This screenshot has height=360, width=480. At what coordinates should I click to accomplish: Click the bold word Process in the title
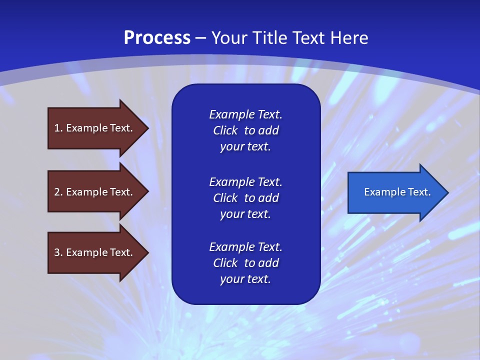click(x=156, y=38)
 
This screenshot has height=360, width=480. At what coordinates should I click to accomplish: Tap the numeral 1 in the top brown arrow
click(x=57, y=128)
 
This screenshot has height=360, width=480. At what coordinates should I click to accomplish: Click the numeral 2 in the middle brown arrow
click(x=57, y=192)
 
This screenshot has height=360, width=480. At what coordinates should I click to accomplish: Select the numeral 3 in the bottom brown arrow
click(x=57, y=252)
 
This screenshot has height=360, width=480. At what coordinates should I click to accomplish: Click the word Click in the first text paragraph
click(x=225, y=130)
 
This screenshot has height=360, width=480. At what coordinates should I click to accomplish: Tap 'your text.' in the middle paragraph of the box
click(x=245, y=214)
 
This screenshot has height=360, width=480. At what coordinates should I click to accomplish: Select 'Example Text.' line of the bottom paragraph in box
click(x=245, y=247)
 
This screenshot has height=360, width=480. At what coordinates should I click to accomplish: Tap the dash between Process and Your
click(x=201, y=38)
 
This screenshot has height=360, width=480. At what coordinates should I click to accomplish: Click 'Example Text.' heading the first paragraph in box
click(x=245, y=114)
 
